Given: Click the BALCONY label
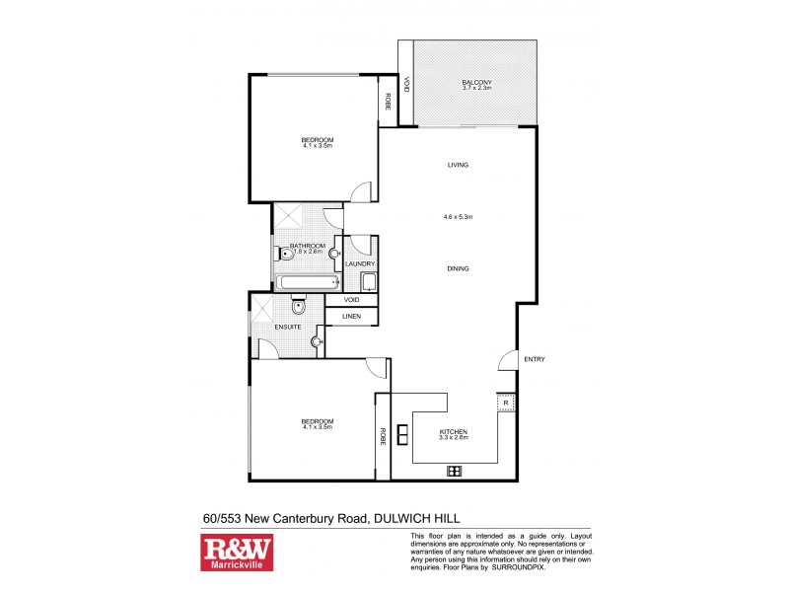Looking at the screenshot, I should pos(476,82).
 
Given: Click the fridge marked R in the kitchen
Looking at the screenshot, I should pos(505,403).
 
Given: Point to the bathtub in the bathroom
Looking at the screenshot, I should pos(305,283).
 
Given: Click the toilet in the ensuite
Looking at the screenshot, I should pos(299,307).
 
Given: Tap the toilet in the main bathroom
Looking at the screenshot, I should pos(284,254).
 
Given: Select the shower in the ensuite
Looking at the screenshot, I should pos(263,310).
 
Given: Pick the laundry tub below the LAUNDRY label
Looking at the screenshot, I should pos(369,283).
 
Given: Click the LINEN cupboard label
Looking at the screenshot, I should pos(351,316).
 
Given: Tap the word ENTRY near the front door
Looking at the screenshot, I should pos(534,359).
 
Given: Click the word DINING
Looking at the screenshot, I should pos(457,268).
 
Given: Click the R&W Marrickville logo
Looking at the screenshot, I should pos(237,553).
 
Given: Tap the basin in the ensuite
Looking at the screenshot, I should pos(315,342).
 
